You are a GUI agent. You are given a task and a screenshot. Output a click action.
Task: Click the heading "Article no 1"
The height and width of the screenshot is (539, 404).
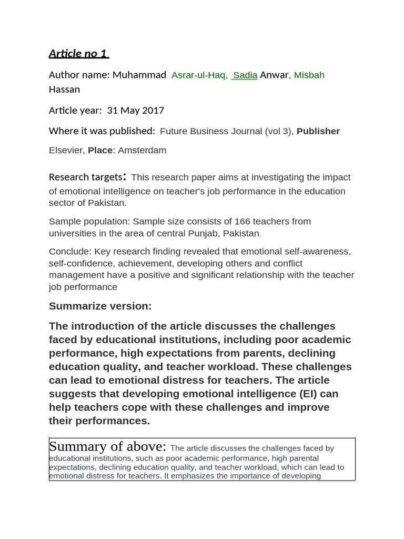pyautogui.click(x=78, y=54)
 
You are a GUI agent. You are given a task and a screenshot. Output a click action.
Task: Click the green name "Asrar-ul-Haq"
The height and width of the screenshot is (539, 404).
pyautogui.click(x=199, y=75)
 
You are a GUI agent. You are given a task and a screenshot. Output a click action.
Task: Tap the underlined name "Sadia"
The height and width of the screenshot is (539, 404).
pyautogui.click(x=245, y=75)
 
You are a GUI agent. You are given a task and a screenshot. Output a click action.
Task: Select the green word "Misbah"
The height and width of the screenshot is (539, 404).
pyautogui.click(x=309, y=75)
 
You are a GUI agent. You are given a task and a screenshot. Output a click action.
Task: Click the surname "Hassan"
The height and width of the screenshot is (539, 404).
pyautogui.click(x=64, y=89)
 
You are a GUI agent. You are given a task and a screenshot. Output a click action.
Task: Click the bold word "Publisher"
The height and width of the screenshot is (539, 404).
pyautogui.click(x=318, y=131)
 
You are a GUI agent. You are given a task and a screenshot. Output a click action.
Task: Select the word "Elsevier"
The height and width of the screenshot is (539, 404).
pyautogui.click(x=66, y=151)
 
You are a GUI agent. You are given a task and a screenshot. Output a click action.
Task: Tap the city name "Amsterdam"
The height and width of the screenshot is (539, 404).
pyautogui.click(x=142, y=151)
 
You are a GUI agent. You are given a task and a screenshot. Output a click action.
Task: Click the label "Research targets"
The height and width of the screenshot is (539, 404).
pyautogui.click(x=85, y=177)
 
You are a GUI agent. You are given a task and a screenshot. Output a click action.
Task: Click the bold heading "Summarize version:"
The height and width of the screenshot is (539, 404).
pyautogui.click(x=100, y=306)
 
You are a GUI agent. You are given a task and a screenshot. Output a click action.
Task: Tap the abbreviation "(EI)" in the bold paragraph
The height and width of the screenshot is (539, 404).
pyautogui.click(x=309, y=394)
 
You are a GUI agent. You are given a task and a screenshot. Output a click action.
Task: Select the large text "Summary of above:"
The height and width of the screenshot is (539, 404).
pyautogui.click(x=107, y=447)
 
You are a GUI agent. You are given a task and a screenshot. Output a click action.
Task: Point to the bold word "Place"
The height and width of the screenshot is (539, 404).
pyautogui.click(x=100, y=151)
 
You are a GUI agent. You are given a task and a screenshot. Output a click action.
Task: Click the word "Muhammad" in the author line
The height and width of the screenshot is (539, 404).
pyautogui.click(x=139, y=75)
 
